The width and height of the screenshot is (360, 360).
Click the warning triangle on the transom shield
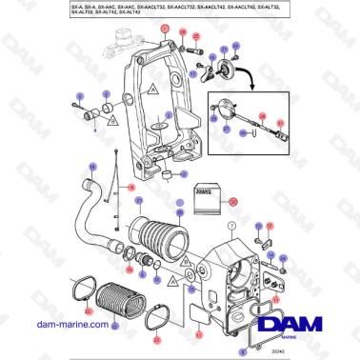150,92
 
